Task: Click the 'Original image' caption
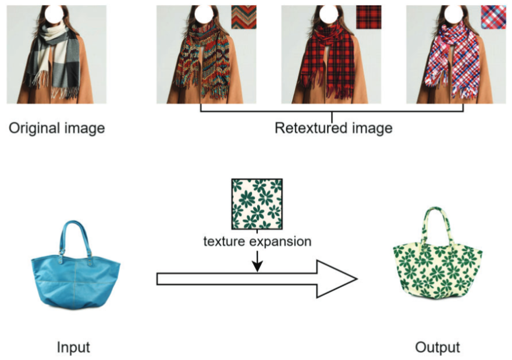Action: tap(56, 128)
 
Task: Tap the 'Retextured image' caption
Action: tap(333, 128)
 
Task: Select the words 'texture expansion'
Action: tap(257, 241)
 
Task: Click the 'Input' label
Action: tap(73, 348)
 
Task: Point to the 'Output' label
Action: tap(437, 348)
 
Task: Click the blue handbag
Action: tap(76, 279)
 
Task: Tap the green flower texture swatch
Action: tap(257, 204)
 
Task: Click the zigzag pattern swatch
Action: tap(243, 17)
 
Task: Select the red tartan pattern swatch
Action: tap(368, 17)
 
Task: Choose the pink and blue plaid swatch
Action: tap(493, 17)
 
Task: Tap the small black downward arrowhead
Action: tap(257, 266)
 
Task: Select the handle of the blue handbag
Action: tap(76, 233)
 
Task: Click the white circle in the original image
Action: tap(55, 12)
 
